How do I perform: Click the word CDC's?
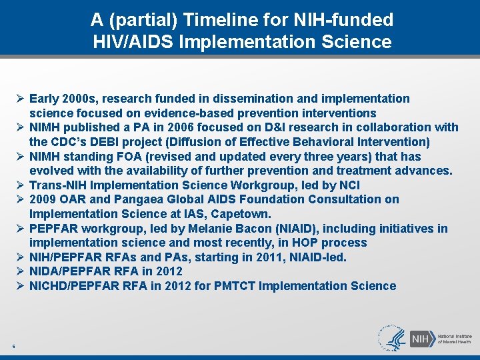(66, 141)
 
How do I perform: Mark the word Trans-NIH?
(56, 185)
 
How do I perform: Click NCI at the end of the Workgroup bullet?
(349, 185)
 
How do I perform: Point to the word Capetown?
(243, 214)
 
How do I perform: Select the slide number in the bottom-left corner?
(13, 345)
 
